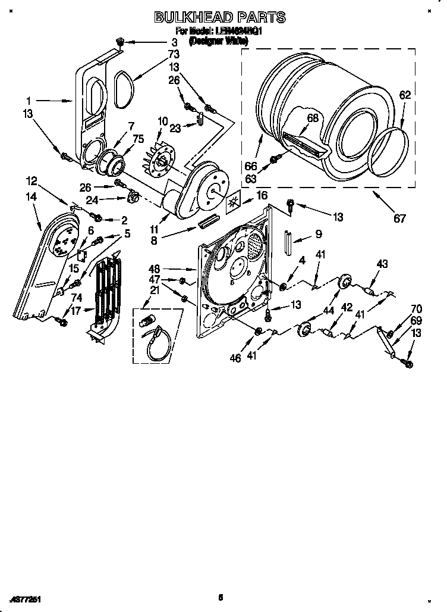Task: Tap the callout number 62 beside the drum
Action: [x=405, y=95]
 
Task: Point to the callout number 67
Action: [x=399, y=218]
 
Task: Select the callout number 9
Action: [x=318, y=235]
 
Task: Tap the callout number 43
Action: [x=382, y=264]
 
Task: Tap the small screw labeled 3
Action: [x=121, y=42]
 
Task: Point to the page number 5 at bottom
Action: [x=220, y=597]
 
